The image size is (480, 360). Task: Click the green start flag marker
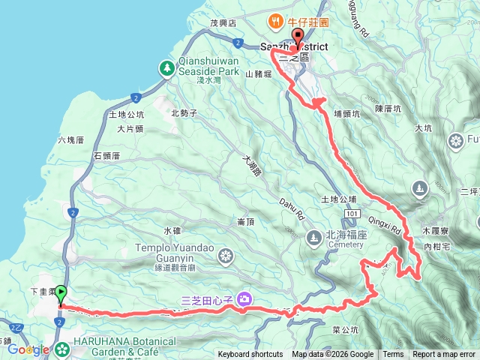(x=61, y=293)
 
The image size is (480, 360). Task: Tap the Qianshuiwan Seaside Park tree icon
(x=166, y=69)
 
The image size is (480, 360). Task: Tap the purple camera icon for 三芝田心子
(x=244, y=301)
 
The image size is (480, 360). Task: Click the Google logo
(x=28, y=349)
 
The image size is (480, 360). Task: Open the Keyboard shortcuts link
(x=250, y=355)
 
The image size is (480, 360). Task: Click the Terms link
(x=393, y=355)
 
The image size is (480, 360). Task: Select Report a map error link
(x=444, y=355)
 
